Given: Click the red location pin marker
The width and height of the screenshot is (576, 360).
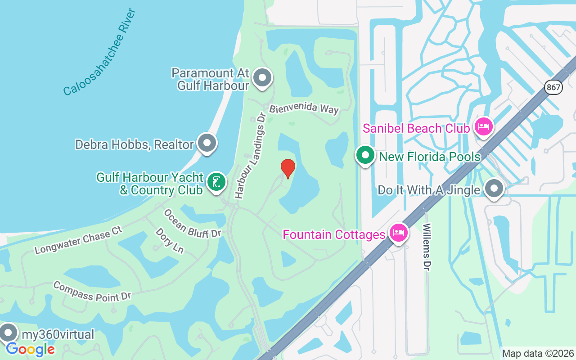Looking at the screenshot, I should [288, 168].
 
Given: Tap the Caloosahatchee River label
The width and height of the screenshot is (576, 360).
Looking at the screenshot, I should [99, 52].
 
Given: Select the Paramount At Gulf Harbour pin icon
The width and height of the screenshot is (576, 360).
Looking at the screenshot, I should [262, 78].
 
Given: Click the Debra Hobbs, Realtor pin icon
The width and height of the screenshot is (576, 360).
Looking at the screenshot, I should [207, 143].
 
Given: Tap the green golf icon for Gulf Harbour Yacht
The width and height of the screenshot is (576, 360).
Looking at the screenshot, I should [216, 183].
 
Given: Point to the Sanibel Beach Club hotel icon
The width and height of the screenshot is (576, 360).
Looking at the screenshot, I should [483, 127].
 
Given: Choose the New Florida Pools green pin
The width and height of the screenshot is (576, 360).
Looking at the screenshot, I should [365, 156].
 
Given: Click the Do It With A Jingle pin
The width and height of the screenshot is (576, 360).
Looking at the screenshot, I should [494, 189].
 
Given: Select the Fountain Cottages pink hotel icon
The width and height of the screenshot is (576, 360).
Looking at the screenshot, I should [399, 233].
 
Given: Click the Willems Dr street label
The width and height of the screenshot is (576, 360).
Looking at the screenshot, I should [427, 247].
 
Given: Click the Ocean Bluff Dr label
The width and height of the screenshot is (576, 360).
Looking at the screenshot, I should [193, 223].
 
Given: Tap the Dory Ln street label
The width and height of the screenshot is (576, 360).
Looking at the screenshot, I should [169, 240].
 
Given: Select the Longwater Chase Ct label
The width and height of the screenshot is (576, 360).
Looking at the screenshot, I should [78, 240].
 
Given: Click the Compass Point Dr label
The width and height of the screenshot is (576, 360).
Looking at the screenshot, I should [92, 291].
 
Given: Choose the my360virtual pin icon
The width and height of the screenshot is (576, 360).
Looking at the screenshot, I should [8, 333].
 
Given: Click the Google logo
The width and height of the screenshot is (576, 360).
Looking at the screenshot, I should [30, 349].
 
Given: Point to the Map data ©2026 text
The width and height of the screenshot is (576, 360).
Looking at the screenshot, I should [538, 353].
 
